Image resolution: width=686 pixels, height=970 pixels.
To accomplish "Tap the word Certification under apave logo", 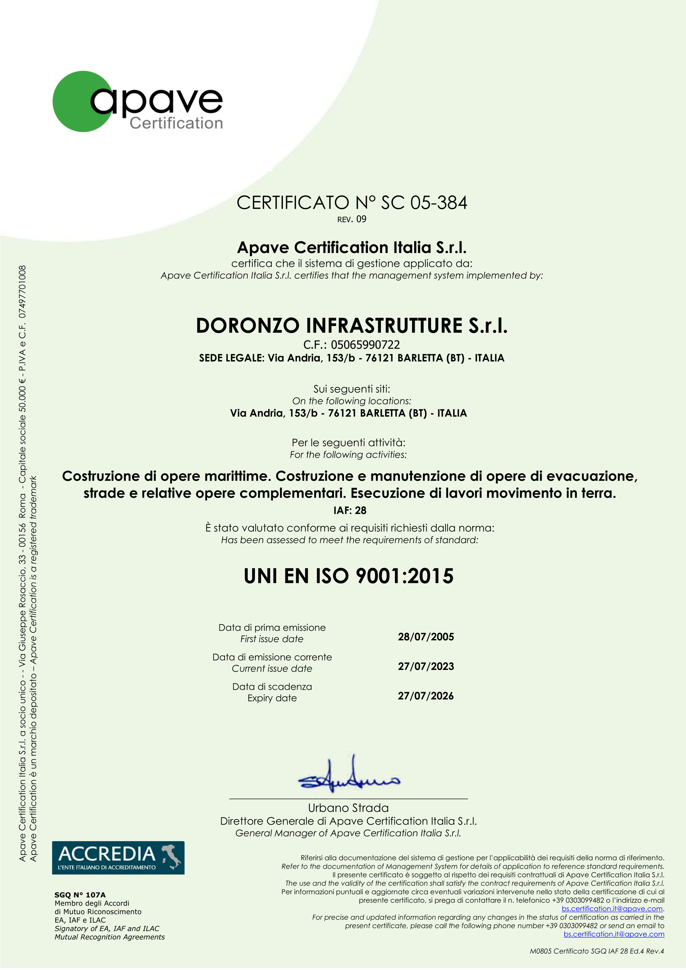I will [176, 123].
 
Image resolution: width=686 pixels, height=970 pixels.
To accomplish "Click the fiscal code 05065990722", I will [365, 345].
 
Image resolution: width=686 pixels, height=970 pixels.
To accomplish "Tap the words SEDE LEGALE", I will [231, 358].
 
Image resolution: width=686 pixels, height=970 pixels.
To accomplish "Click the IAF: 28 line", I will [350, 510].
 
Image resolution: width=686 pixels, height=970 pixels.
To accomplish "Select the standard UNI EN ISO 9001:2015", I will [348, 576].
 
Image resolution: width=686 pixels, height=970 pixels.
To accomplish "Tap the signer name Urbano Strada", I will [348, 808].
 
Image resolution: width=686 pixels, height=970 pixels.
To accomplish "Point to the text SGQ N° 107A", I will [80, 895].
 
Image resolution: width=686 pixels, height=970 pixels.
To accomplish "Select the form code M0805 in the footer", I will [541, 951].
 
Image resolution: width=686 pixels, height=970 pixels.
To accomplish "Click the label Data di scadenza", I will [272, 687].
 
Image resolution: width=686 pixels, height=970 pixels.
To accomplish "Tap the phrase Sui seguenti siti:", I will [351, 389].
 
